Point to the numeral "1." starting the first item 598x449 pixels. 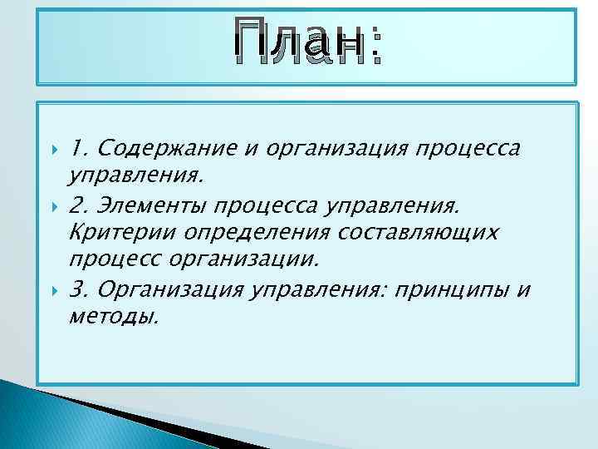click(x=79, y=149)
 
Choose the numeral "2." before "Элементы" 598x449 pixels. click(x=80, y=205)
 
